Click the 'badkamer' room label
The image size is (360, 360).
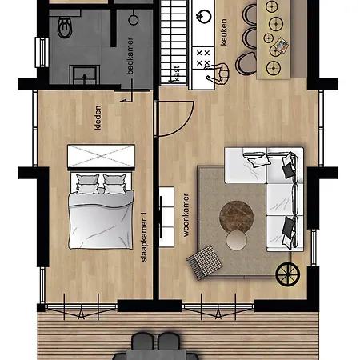(x=130, y=56)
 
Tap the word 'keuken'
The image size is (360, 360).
(x=224, y=32)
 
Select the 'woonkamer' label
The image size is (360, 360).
(x=186, y=215)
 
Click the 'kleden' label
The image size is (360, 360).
(x=98, y=118)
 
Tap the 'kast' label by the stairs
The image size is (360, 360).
(x=177, y=73)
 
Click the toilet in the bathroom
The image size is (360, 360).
(x=65, y=27)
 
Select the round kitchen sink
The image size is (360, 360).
(x=204, y=17)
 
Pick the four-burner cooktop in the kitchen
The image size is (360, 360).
(x=203, y=58)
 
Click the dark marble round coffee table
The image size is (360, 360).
(x=236, y=216)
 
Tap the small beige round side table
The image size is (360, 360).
(x=237, y=240)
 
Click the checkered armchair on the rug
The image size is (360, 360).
(x=205, y=262)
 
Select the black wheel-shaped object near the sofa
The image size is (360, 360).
(x=287, y=274)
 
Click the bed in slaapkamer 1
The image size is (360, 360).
(x=101, y=210)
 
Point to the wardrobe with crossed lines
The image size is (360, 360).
(x=101, y=156)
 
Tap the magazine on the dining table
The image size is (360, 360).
(x=282, y=45)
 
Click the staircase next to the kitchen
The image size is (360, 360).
(x=174, y=42)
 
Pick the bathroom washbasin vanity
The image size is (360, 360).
(x=85, y=74)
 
